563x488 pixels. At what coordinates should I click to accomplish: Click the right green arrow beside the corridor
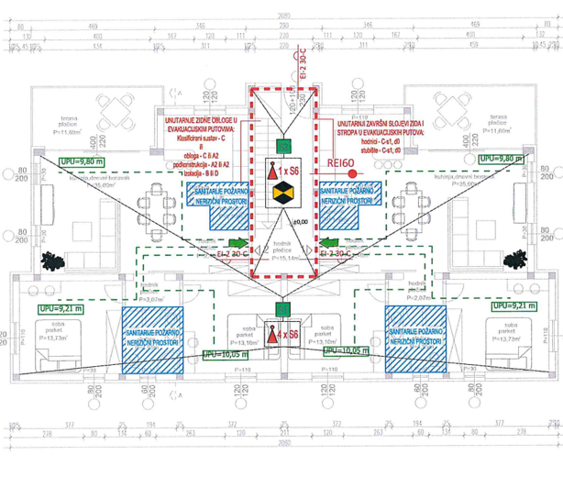[x=330, y=243]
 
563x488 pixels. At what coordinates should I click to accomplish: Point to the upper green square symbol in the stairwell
[x=283, y=144]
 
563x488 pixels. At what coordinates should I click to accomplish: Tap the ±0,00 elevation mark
[x=299, y=222]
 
